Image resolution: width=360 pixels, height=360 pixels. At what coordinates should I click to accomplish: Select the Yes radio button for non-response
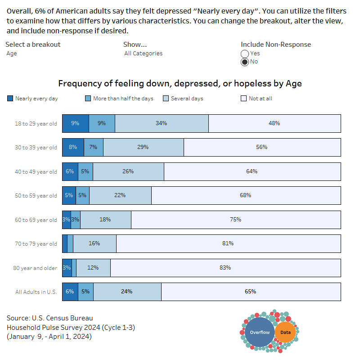(245, 54)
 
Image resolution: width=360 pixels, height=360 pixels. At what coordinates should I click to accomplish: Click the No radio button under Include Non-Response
(245, 62)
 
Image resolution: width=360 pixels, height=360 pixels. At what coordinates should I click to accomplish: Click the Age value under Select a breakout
(12, 53)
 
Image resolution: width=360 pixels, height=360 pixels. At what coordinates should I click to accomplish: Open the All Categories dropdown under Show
(143, 53)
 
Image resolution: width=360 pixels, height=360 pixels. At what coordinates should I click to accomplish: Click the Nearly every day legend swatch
(10, 98)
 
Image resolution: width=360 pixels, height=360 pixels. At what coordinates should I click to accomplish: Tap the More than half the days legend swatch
(88, 98)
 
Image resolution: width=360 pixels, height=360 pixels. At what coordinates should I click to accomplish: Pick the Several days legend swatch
(166, 98)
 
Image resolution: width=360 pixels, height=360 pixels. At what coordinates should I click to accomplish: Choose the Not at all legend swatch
(243, 98)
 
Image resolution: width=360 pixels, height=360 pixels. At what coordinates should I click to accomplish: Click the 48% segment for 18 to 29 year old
(274, 123)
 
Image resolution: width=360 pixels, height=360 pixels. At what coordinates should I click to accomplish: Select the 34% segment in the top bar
(162, 123)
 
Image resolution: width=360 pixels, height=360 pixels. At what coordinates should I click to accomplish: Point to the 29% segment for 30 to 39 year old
(144, 147)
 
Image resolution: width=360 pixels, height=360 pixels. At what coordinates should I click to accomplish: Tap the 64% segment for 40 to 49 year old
(252, 171)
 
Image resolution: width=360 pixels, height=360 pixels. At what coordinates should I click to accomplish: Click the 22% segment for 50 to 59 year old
(120, 195)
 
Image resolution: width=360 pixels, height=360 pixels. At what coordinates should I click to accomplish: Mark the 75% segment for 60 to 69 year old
(236, 220)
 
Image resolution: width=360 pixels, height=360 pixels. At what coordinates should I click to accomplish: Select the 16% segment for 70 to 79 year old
(94, 243)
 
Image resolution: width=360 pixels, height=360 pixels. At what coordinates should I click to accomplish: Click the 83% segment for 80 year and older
(225, 267)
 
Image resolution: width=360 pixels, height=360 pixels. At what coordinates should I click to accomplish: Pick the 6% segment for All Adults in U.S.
(70, 291)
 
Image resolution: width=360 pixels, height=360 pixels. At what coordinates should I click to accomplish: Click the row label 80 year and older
(35, 268)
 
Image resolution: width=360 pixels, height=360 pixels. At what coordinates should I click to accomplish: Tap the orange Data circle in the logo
(285, 333)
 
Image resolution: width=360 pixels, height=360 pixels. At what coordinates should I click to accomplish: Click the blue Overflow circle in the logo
(260, 333)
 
